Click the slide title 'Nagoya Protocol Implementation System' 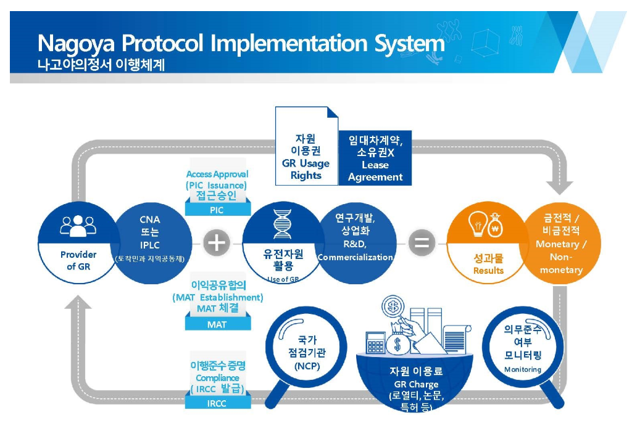point(241,44)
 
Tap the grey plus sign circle point(217,243)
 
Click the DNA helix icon point(282,224)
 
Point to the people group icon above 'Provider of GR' point(78,226)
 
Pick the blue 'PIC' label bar point(217,210)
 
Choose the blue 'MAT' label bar point(217,324)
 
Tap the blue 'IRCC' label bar point(217,404)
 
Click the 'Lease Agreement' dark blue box point(375,158)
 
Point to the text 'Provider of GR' point(78,260)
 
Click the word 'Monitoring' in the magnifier point(522,369)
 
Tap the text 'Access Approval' point(217,174)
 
